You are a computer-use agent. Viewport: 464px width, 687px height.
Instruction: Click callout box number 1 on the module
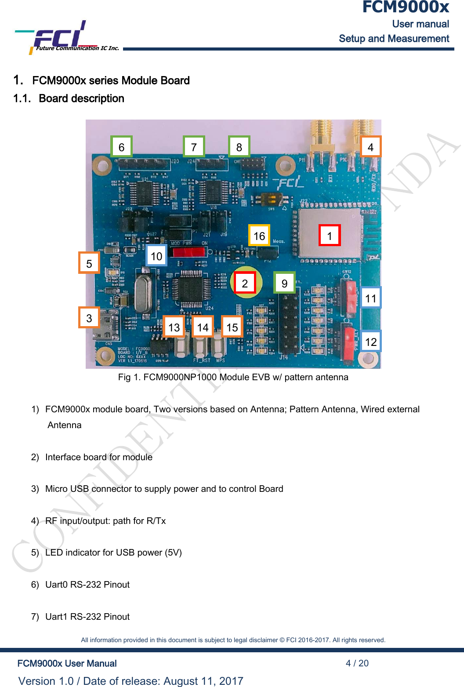pyautogui.click(x=330, y=236)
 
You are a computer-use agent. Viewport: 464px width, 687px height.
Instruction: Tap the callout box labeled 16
pyautogui.click(x=259, y=236)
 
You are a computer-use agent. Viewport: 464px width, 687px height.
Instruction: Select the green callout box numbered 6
pyautogui.click(x=121, y=147)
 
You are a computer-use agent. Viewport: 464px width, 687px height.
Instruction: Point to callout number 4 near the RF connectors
pyautogui.click(x=370, y=147)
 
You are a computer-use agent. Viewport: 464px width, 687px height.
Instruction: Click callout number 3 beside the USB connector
pyautogui.click(x=89, y=318)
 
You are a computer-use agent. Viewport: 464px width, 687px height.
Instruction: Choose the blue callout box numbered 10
pyautogui.click(x=156, y=256)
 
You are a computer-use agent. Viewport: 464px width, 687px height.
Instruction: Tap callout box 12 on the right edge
pyautogui.click(x=371, y=342)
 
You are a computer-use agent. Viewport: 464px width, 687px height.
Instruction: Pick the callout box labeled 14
pyautogui.click(x=203, y=327)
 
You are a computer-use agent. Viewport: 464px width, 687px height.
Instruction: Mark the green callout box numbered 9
pyautogui.click(x=284, y=283)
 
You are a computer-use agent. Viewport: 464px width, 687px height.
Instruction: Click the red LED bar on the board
pyautogui.click(x=188, y=252)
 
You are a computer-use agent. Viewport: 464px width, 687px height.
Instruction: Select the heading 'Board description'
pyautogui.click(x=81, y=98)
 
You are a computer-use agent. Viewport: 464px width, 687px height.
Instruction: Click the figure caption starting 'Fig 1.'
pyautogui.click(x=233, y=377)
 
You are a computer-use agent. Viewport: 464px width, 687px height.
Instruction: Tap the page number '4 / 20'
pyautogui.click(x=357, y=663)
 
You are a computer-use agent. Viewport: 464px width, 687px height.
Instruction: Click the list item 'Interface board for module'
pyautogui.click(x=99, y=457)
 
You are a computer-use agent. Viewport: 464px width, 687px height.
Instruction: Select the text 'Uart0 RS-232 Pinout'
pyautogui.click(x=87, y=585)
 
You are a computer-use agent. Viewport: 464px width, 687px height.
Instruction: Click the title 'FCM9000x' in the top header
pyautogui.click(x=405, y=7)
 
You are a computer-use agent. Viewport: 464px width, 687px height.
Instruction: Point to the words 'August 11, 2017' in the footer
pyautogui.click(x=203, y=681)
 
